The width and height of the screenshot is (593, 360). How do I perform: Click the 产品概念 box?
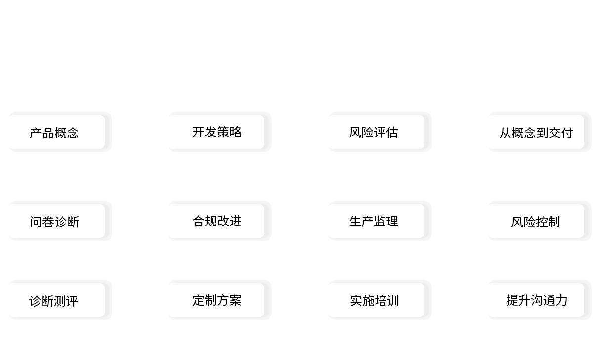56,132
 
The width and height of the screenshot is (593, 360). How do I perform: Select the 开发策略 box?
216,132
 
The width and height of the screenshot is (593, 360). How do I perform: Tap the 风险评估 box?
376,132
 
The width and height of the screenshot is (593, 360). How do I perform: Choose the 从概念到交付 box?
536,132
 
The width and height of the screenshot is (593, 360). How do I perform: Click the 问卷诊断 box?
56,221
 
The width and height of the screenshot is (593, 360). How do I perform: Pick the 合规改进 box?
216,221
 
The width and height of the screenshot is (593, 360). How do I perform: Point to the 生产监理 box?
376,221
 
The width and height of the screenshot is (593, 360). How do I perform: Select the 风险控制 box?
536,221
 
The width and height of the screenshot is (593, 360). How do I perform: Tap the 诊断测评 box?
56,300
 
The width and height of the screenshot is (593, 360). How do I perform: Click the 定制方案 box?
216,300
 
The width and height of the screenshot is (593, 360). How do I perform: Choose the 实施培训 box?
376,300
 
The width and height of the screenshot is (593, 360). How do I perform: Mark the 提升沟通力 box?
536,300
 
